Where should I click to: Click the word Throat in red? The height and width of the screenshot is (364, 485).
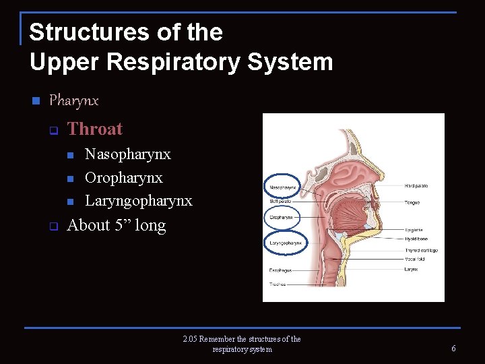coord(95,129)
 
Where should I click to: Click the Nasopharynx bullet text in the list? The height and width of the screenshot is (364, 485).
coord(127,154)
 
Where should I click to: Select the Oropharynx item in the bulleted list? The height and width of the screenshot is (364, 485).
coord(123,178)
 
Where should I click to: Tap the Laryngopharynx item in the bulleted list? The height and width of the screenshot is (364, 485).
coord(138,201)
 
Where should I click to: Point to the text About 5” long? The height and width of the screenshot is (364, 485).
coord(117,225)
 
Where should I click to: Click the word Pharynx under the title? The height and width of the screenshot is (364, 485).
coord(73,100)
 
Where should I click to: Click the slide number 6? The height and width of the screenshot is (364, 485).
coord(453,348)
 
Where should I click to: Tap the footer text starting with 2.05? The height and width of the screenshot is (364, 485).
coord(242,344)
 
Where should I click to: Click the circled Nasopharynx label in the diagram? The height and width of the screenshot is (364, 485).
coord(283,187)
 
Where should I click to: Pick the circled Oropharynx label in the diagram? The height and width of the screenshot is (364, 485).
coord(282,218)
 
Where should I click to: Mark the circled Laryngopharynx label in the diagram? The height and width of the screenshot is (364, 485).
coord(286,242)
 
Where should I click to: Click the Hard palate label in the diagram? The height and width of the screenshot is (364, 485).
coord(416,186)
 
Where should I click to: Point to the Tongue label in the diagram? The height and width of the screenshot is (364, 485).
coord(412,202)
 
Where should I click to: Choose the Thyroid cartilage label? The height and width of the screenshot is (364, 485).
coord(420,250)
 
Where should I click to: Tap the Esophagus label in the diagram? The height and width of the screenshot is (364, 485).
coord(280,270)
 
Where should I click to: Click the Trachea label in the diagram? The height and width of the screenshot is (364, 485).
coord(278,284)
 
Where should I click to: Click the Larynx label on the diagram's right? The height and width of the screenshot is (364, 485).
coord(411,269)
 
